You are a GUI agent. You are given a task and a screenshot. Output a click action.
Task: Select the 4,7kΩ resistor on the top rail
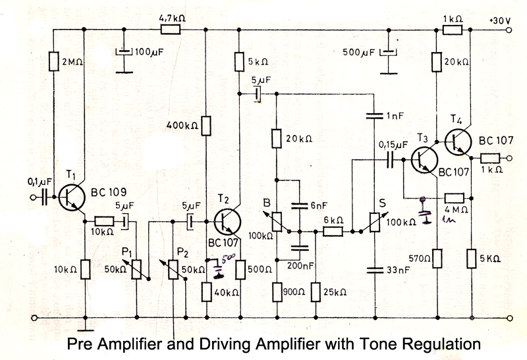click(171, 30)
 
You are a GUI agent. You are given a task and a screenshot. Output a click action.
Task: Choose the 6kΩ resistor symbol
click(332, 232)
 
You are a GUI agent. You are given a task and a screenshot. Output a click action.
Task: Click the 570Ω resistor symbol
click(436, 257)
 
